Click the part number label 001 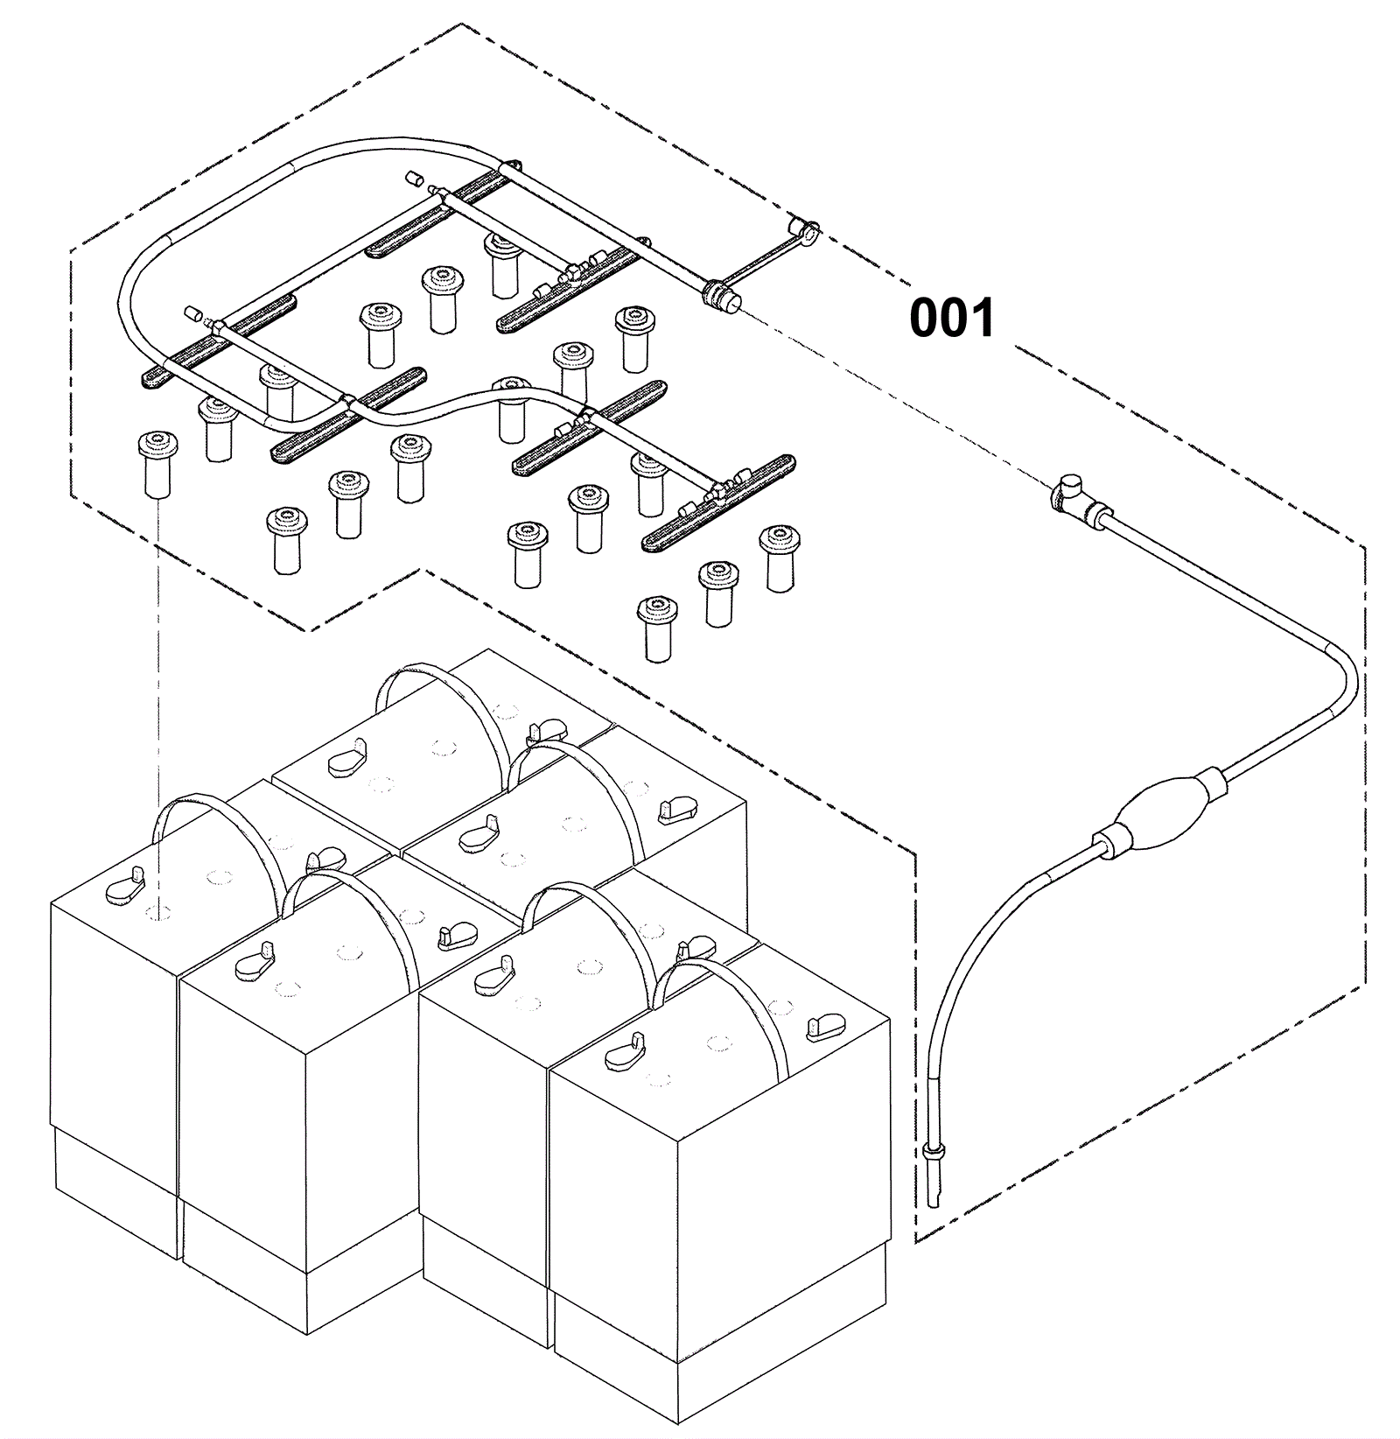(x=952, y=318)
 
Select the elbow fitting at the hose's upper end (x=1068, y=495)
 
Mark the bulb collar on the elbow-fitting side (x=1210, y=779)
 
